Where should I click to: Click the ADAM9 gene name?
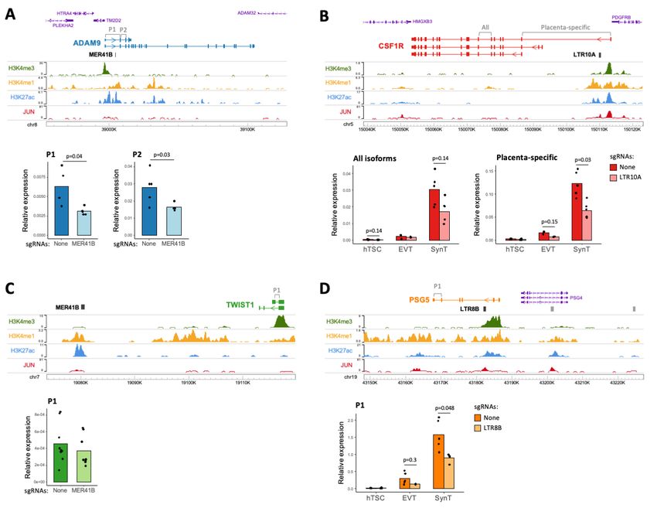89,44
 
